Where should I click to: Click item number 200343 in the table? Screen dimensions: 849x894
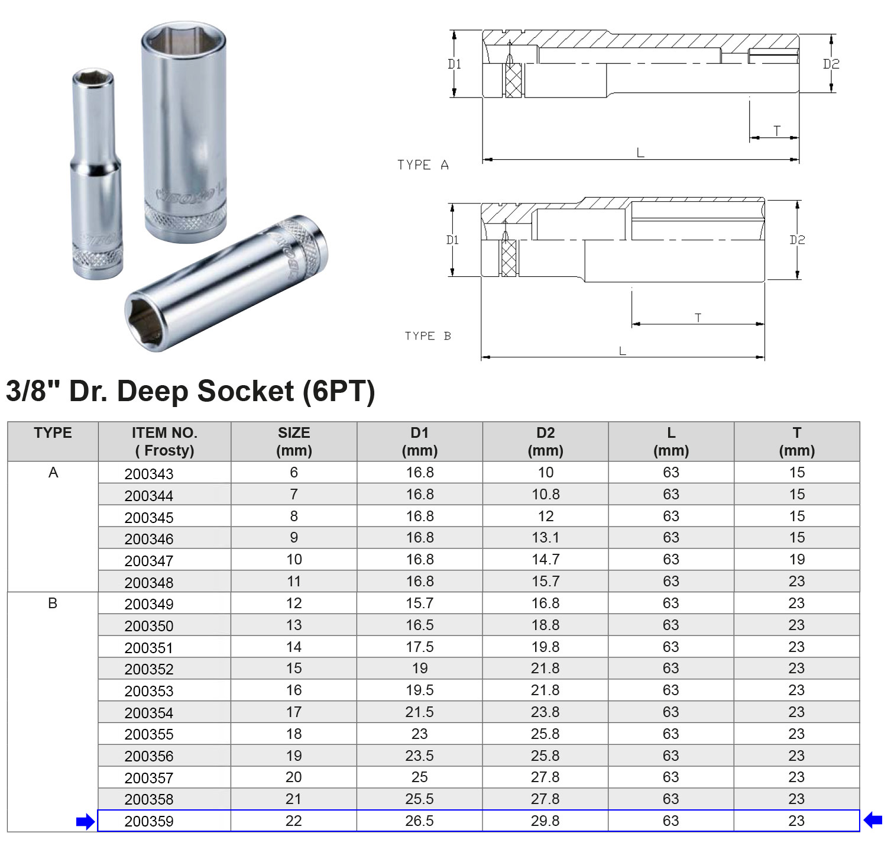click(x=149, y=474)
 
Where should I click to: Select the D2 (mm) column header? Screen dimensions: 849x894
click(x=545, y=441)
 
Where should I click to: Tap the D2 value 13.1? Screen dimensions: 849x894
click(x=545, y=538)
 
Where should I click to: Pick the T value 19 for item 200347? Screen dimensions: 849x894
click(x=796, y=560)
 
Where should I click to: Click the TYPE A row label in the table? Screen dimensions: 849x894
click(x=53, y=473)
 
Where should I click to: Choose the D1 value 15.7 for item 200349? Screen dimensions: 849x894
click(x=419, y=603)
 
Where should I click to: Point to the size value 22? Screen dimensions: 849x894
click(x=293, y=821)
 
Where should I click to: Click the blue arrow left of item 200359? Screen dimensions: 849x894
click(x=85, y=821)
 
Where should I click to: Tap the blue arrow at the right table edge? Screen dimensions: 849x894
click(x=873, y=820)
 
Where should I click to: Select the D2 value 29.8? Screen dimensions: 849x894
click(x=545, y=821)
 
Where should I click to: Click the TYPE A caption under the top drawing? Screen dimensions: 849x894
click(x=423, y=165)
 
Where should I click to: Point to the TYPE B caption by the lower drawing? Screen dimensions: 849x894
click(x=427, y=336)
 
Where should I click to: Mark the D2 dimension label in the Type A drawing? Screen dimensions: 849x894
click(x=831, y=64)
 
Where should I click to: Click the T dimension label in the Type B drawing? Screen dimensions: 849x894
click(x=698, y=318)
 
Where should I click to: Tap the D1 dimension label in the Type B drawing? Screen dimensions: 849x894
click(x=452, y=240)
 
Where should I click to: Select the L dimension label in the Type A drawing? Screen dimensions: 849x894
click(x=640, y=153)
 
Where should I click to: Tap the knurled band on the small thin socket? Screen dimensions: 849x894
click(x=98, y=256)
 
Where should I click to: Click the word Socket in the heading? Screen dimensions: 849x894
click(x=245, y=391)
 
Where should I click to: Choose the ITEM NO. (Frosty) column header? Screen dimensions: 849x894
click(x=164, y=441)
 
